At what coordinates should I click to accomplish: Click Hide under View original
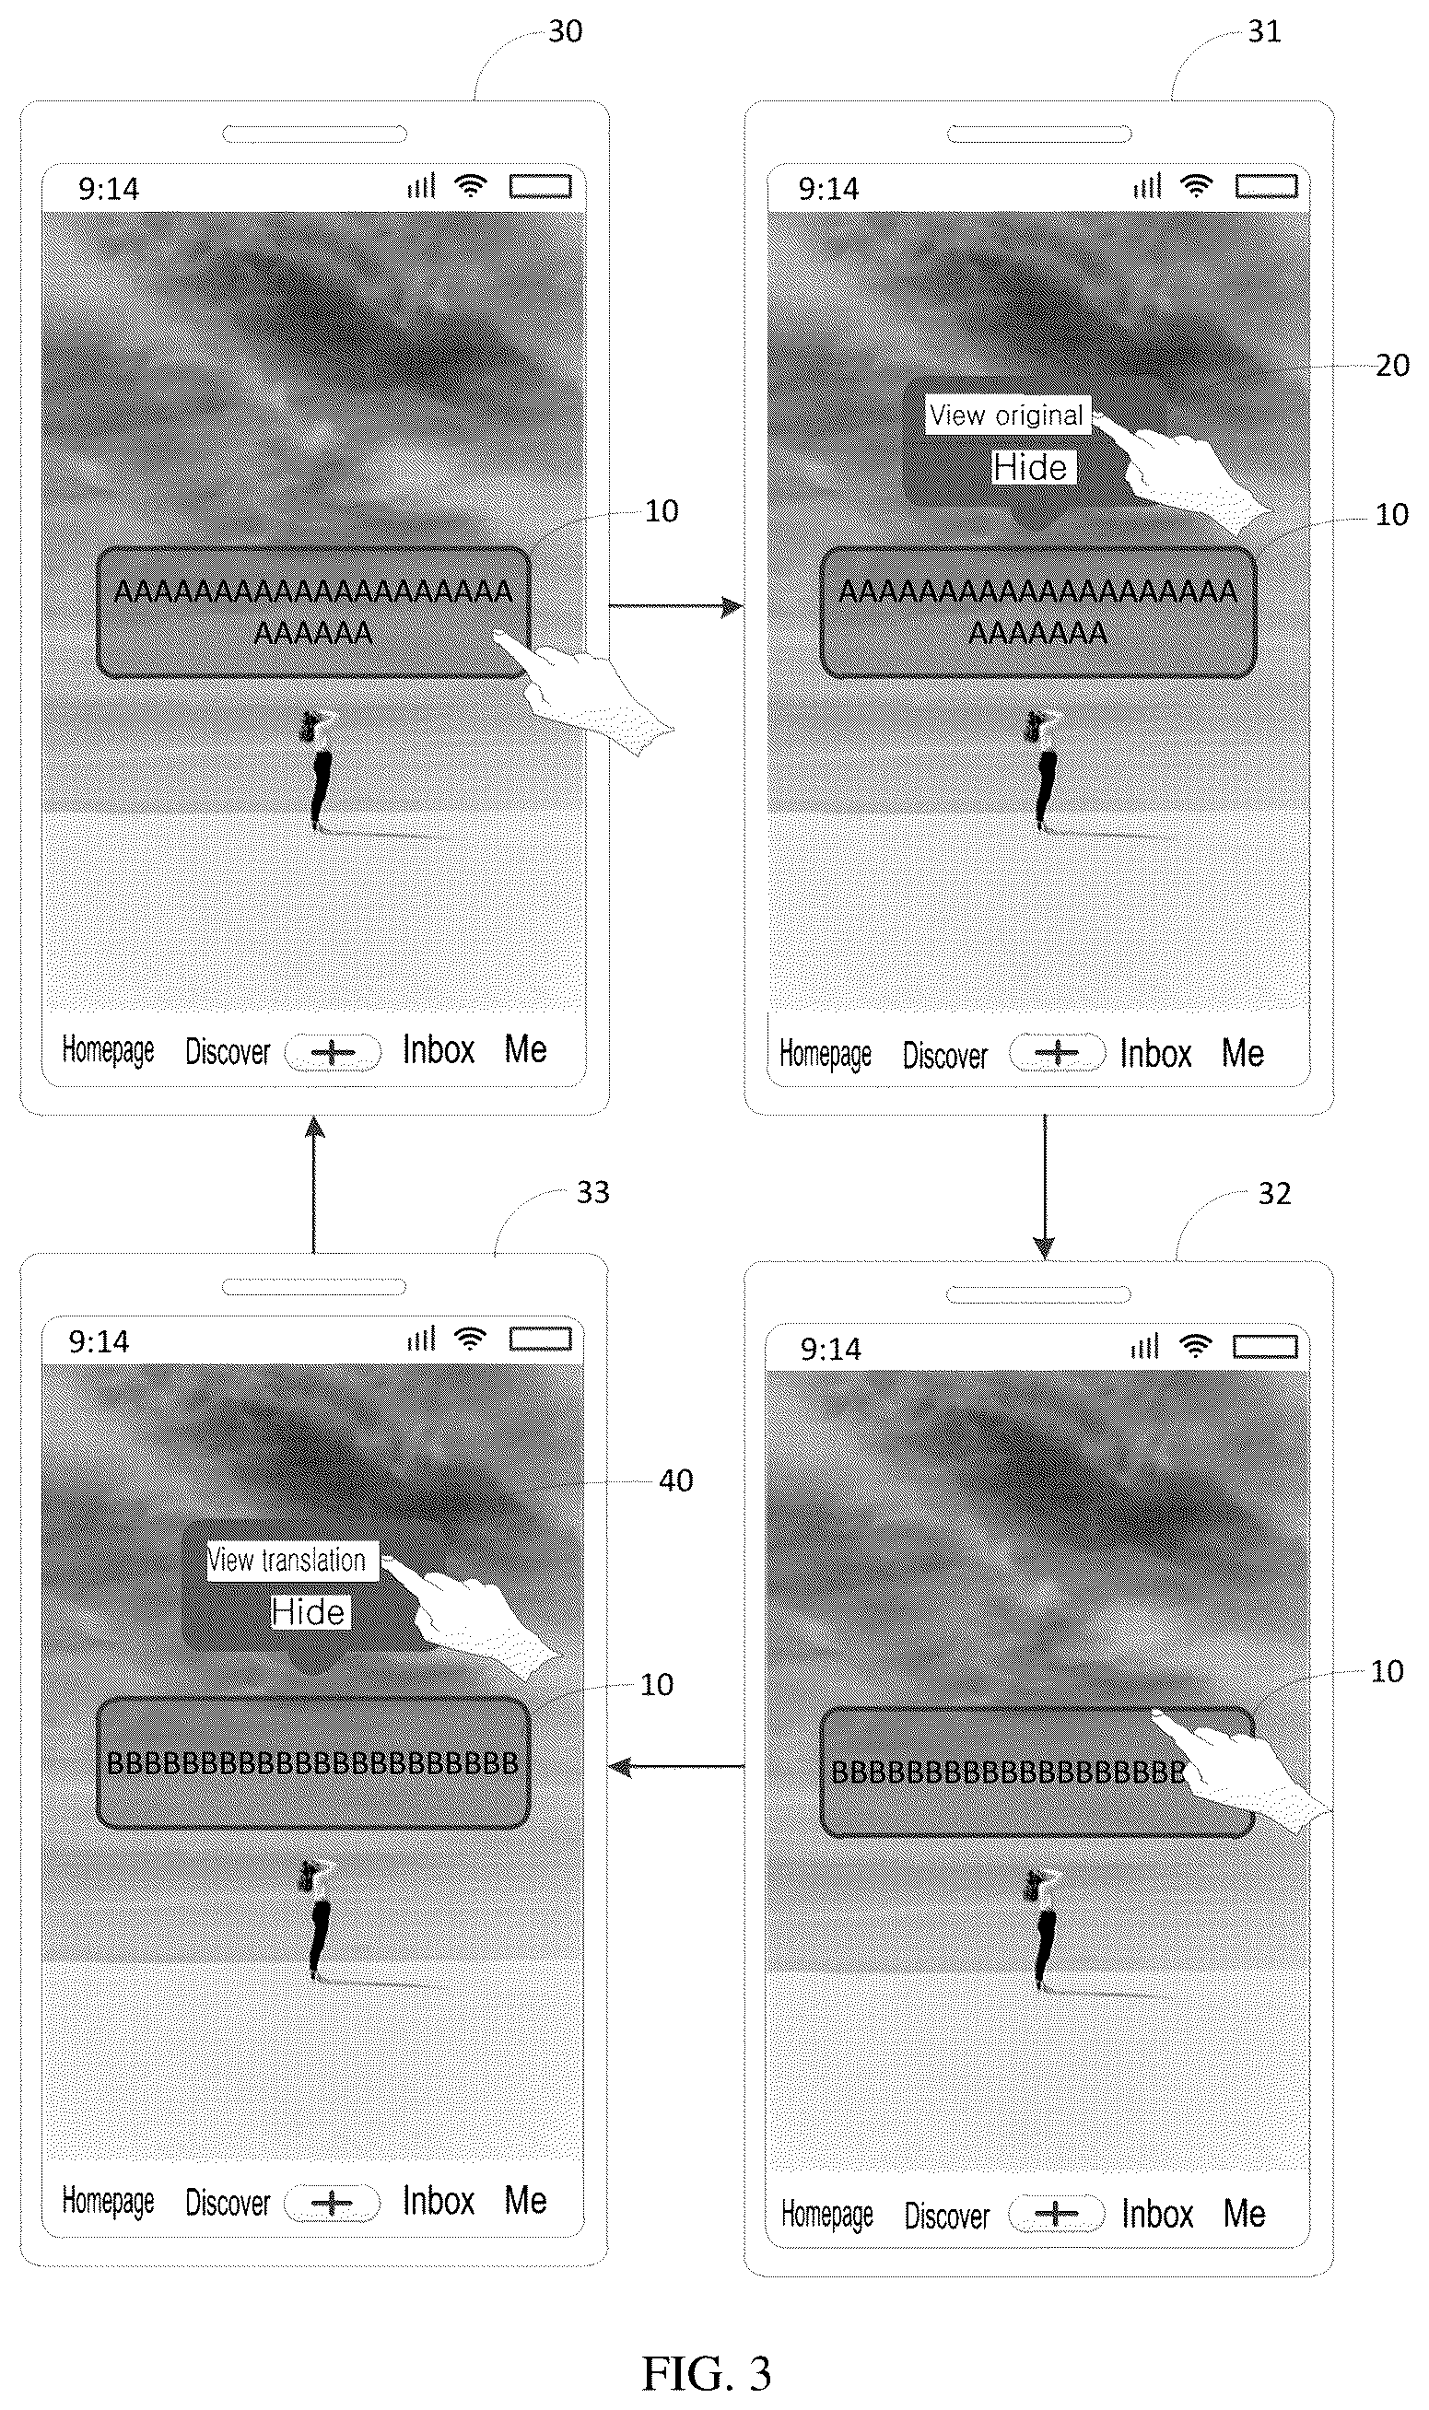coord(1030,468)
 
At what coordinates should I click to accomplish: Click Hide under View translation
coord(308,1612)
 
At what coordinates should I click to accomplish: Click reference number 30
coord(566,31)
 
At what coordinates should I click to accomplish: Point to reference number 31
coord(1264,31)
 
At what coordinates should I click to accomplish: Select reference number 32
coord(1274,1194)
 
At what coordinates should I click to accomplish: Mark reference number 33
coord(592,1193)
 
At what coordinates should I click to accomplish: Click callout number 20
coord(1392,365)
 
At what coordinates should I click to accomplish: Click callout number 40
coord(675,1480)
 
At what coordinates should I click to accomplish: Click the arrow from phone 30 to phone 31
coord(676,606)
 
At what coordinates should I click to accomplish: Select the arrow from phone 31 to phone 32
coord(1045,1187)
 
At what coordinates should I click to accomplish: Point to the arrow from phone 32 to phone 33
coord(677,1767)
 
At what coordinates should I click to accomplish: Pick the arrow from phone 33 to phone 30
coord(314,1185)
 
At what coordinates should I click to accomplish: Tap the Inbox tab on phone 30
coord(439,1049)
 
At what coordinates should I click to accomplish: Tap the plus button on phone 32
coord(1057,2214)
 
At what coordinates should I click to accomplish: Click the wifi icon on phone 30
coord(470,186)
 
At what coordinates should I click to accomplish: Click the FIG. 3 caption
coord(707,2373)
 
